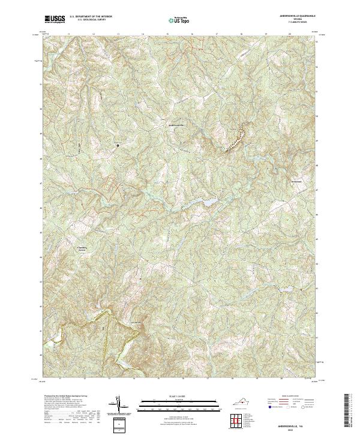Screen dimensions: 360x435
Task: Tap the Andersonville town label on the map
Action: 177,125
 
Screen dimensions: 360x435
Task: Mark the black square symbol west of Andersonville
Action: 118,145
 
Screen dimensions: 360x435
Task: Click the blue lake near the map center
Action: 208,203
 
